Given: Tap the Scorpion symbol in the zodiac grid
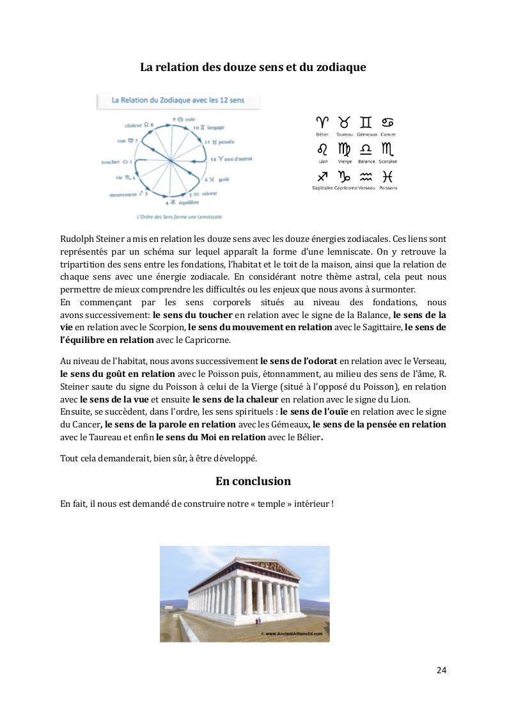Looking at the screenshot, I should coord(387,150).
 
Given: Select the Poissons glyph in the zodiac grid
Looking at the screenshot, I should coord(387,176).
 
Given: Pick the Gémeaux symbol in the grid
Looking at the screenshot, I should coord(366,122).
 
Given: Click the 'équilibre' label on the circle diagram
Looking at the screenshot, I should coord(185,202).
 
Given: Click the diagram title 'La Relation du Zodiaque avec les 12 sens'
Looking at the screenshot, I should coord(177,100).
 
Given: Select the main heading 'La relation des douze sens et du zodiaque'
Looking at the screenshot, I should coord(253,67).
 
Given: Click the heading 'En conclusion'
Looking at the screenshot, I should coord(253,481).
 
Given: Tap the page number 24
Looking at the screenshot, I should coord(441,670).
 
